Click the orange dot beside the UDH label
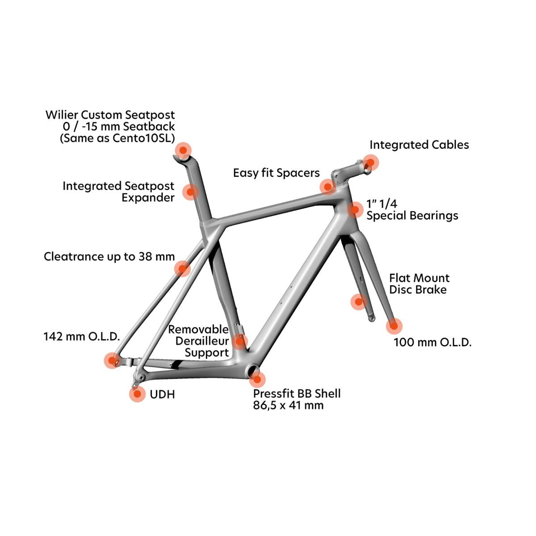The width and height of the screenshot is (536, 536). tap(137, 394)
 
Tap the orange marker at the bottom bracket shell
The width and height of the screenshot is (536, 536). tap(257, 379)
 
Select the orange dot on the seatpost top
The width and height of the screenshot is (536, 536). tap(183, 150)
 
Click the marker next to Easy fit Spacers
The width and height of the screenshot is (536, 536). tap(328, 187)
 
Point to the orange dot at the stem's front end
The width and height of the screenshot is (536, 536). tap(370, 163)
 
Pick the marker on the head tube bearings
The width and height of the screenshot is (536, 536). tap(355, 210)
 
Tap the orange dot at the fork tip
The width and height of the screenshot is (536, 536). tap(394, 326)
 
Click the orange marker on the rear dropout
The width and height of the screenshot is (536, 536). tap(112, 360)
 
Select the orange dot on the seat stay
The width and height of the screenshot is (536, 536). tap(183, 269)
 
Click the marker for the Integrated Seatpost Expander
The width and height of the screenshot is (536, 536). tap(191, 192)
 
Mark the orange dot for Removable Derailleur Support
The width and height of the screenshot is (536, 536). tap(239, 340)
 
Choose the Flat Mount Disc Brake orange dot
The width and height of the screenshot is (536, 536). tap(359, 301)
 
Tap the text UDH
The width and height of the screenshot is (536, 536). tap(162, 394)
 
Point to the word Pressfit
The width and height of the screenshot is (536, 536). tap(274, 394)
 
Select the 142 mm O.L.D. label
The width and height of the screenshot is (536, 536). tap(82, 337)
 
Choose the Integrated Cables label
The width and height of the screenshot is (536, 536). tap(419, 145)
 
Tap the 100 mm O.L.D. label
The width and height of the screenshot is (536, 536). tap(432, 342)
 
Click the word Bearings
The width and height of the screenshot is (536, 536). tap(435, 216)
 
